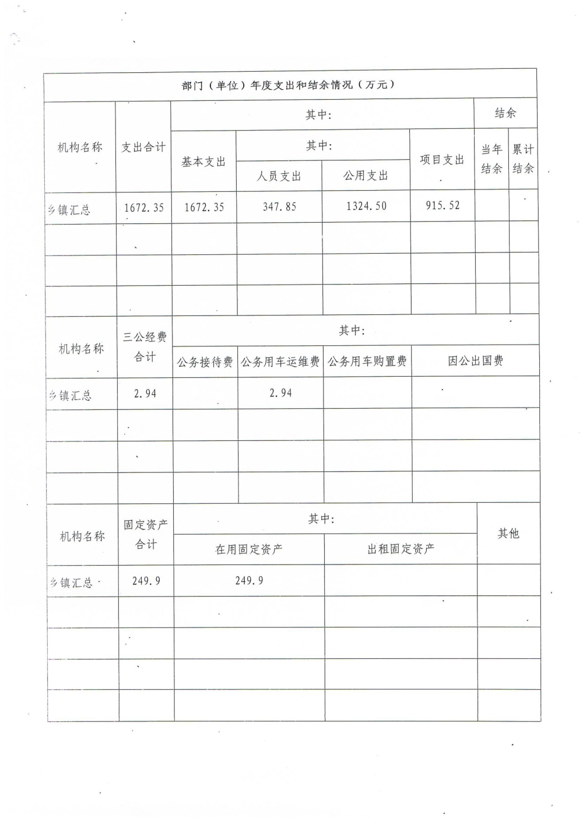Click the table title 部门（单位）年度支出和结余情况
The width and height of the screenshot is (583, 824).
pyautogui.click(x=289, y=85)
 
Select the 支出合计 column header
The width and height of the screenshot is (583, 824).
pyautogui.click(x=143, y=148)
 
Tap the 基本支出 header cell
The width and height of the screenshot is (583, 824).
pyautogui.click(x=203, y=162)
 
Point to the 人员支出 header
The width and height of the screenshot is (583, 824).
pyautogui.click(x=279, y=176)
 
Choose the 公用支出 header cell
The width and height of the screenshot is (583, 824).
pyautogui.click(x=366, y=175)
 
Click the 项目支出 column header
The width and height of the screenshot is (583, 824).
pyautogui.click(x=442, y=160)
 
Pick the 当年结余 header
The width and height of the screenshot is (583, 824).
pyautogui.click(x=491, y=159)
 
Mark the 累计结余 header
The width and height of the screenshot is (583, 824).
pyautogui.click(x=523, y=159)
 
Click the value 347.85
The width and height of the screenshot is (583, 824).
pyautogui.click(x=279, y=206)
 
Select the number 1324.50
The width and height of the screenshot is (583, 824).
pyautogui.click(x=366, y=206)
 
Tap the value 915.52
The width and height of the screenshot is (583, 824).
pyautogui.click(x=442, y=205)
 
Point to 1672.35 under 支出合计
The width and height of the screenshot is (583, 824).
pyautogui.click(x=144, y=208)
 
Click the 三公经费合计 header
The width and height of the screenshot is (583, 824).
pyautogui.click(x=145, y=346)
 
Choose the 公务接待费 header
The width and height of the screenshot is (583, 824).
pyautogui.click(x=205, y=362)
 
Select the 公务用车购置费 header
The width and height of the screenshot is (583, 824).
pyautogui.click(x=367, y=362)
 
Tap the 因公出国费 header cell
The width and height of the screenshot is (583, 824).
pyautogui.click(x=475, y=361)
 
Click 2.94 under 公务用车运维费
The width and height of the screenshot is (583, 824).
pyautogui.click(x=280, y=393)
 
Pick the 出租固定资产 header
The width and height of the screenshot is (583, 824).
pyautogui.click(x=401, y=549)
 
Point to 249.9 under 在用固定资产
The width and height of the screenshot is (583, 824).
pyautogui.click(x=249, y=581)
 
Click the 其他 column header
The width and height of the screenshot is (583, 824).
pyautogui.click(x=508, y=533)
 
